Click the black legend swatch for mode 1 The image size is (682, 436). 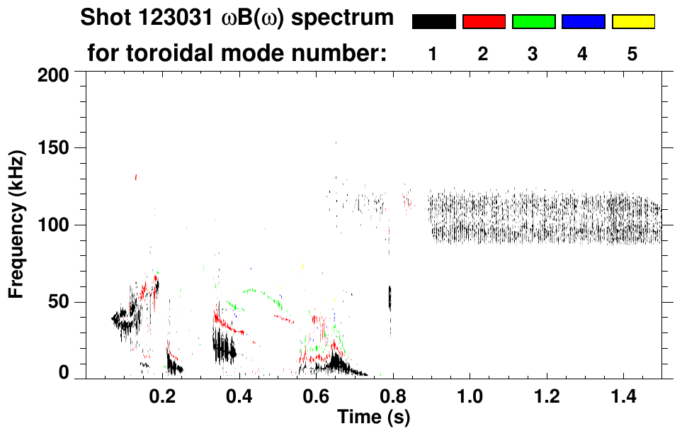433,22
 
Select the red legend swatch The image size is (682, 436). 484,22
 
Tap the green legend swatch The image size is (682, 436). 533,22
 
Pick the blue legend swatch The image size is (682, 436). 583,22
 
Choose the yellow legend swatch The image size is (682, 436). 633,22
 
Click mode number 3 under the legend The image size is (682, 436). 533,54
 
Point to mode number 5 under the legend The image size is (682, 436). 632,54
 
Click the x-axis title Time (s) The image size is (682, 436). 373,418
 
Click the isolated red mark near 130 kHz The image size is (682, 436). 136,177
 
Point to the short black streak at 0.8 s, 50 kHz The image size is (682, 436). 390,297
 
